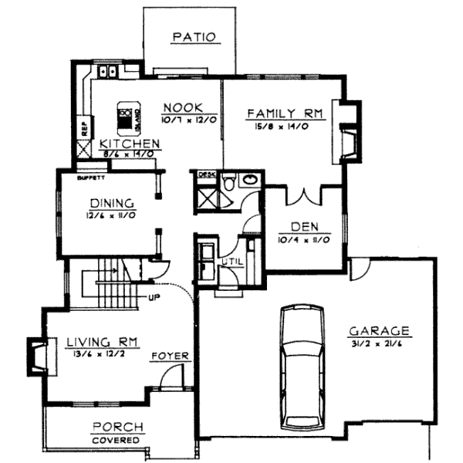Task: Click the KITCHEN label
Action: tap(130, 144)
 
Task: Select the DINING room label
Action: tap(113, 203)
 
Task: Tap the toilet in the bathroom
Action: tap(228, 181)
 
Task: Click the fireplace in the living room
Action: tap(36, 354)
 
